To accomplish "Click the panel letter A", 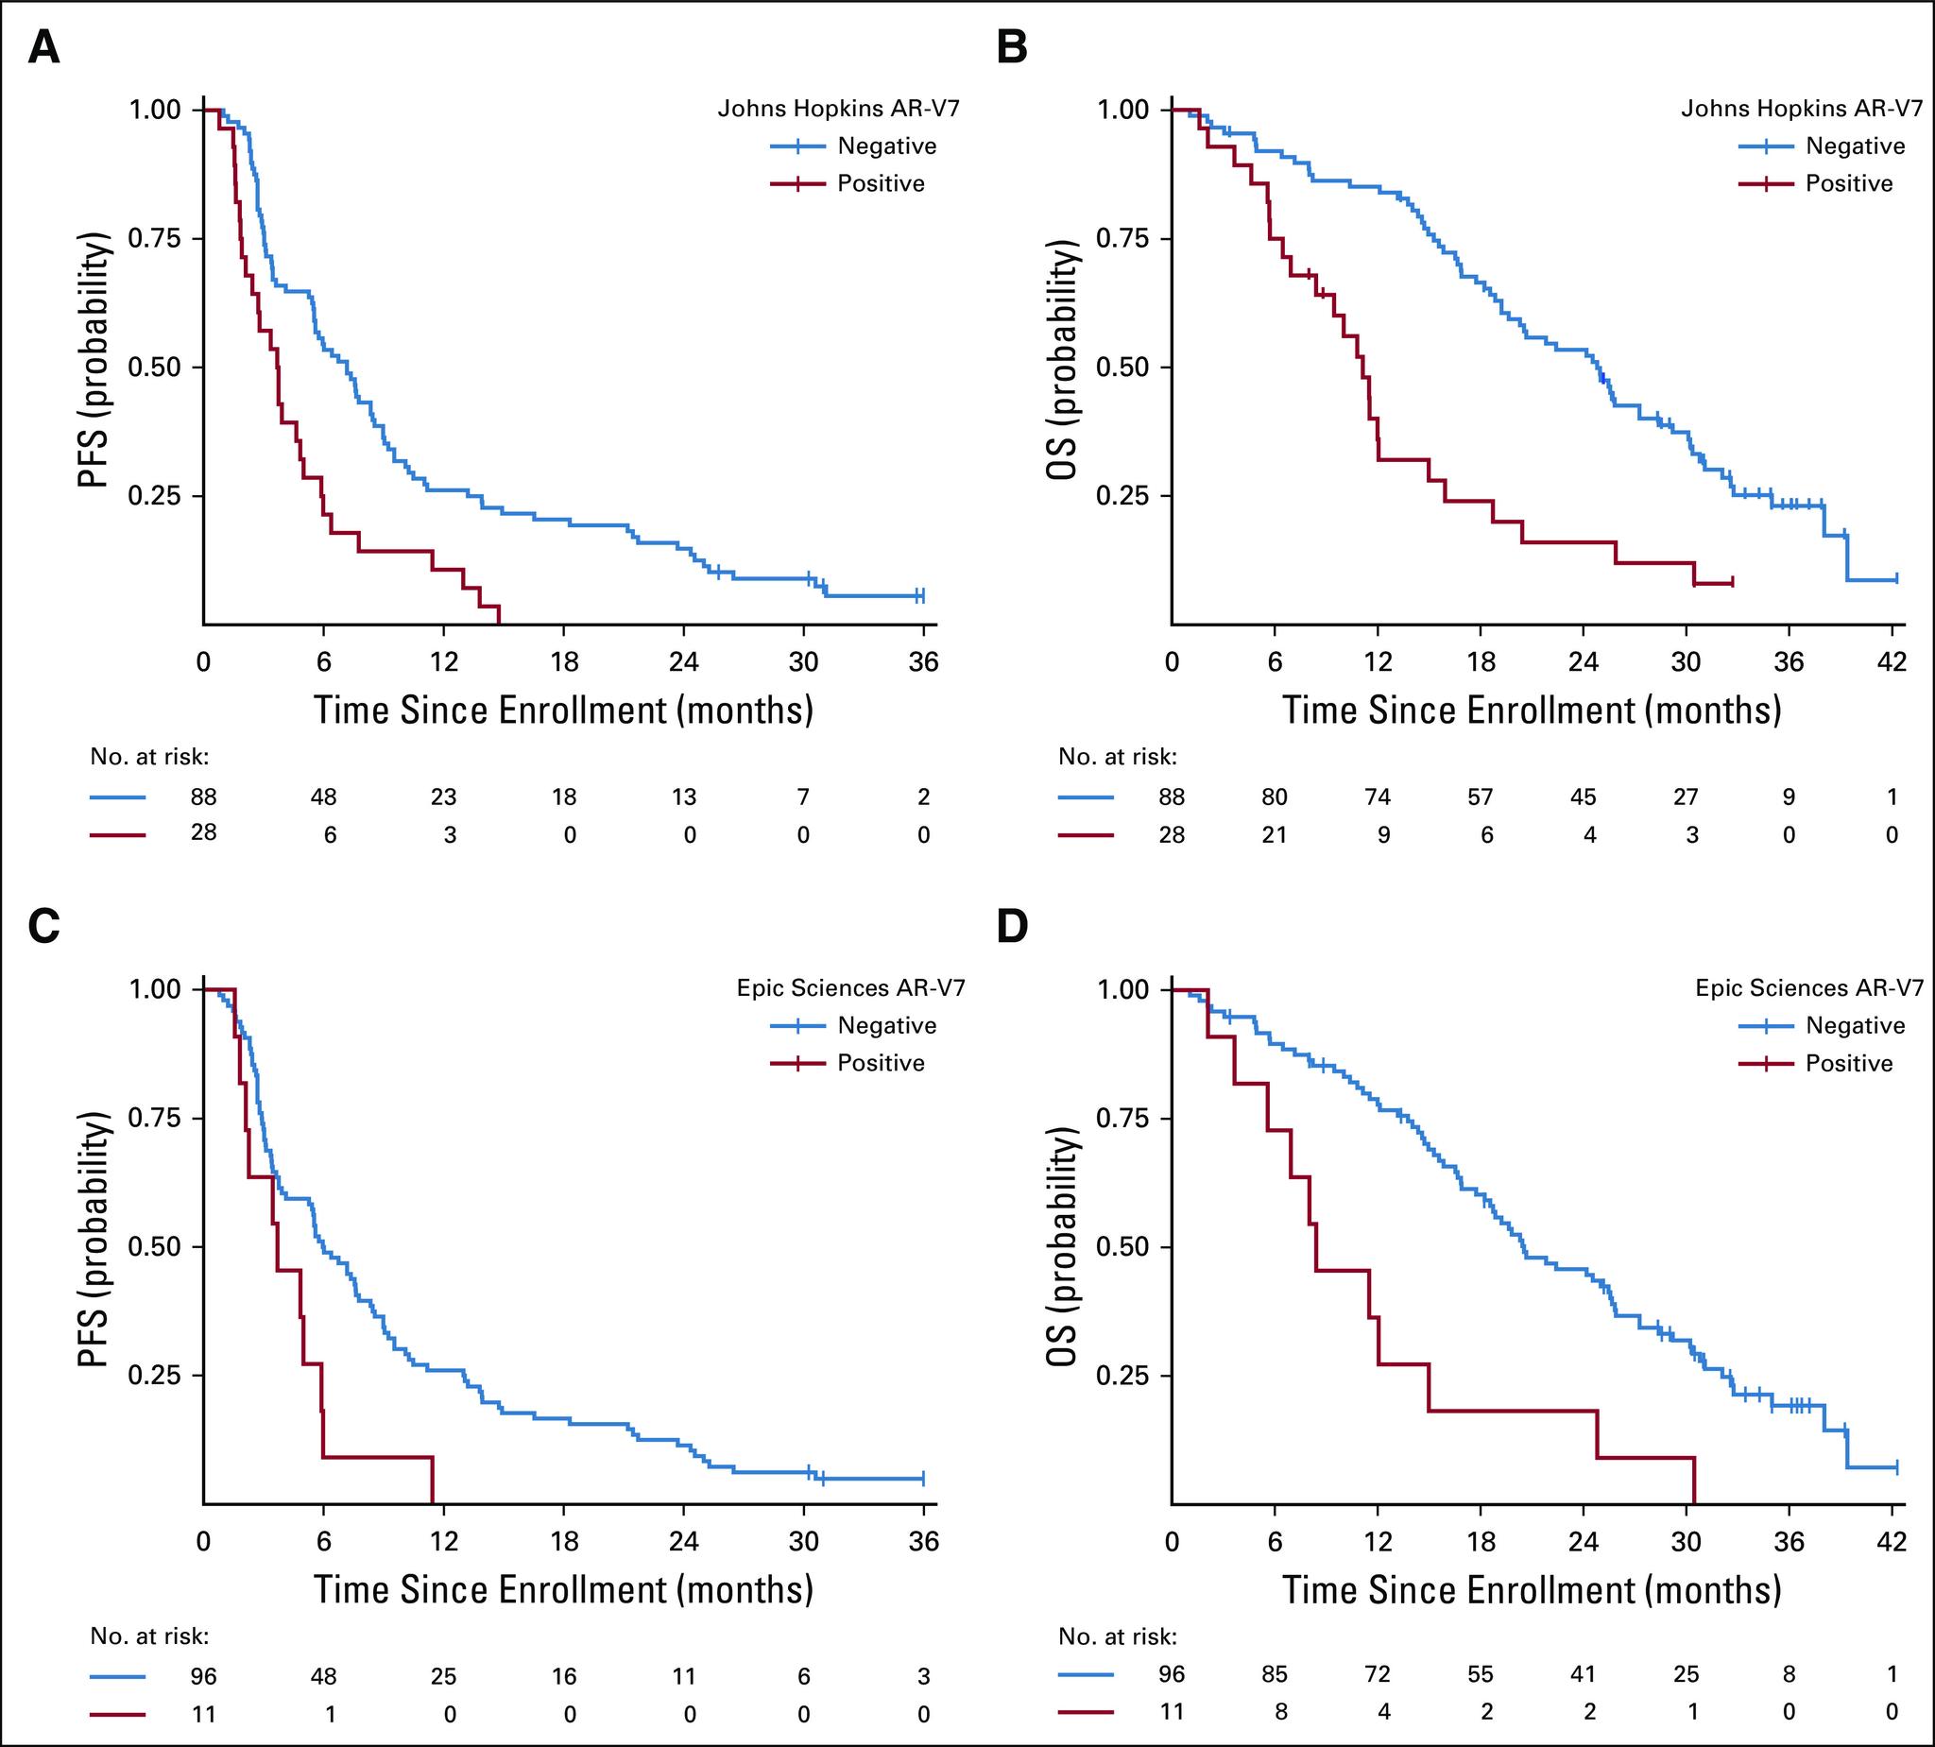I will [x=44, y=47].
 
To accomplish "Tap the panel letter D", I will [x=1013, y=926].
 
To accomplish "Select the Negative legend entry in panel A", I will [x=886, y=146].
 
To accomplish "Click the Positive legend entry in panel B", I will [x=1849, y=183].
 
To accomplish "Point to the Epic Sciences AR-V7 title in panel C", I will [x=850, y=987].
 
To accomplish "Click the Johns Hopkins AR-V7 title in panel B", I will [x=1802, y=109].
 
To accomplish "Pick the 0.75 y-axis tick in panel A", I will [x=155, y=238].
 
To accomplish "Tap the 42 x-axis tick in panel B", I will [x=1892, y=661].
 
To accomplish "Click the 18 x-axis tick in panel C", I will [x=564, y=1542].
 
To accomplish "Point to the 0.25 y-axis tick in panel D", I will [x=1123, y=1376].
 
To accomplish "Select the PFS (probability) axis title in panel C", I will [x=94, y=1246].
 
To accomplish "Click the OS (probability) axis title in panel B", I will [x=1063, y=367].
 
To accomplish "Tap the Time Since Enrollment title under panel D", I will [x=1532, y=1589].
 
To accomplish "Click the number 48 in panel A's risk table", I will [x=323, y=796].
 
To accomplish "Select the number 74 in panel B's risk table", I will [x=1378, y=796].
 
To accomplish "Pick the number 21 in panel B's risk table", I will [x=1275, y=835].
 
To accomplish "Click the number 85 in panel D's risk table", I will [x=1275, y=1675].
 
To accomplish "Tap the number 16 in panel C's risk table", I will [x=564, y=1676].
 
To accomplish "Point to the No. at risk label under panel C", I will [x=149, y=1636].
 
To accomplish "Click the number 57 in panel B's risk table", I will [x=1480, y=796].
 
